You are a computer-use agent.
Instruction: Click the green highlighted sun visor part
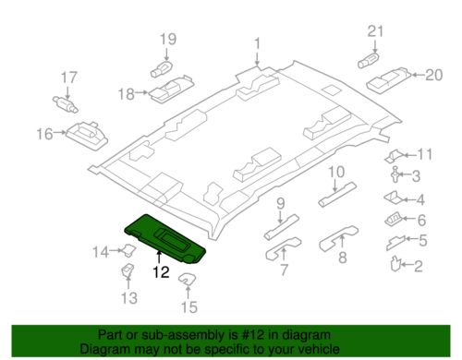click(x=164, y=238)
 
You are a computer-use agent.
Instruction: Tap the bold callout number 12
click(x=161, y=272)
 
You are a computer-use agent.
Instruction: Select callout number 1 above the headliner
click(x=257, y=43)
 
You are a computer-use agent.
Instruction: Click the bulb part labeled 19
click(x=161, y=69)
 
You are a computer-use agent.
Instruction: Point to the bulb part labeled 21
click(x=369, y=61)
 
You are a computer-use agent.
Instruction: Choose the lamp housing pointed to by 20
click(x=389, y=79)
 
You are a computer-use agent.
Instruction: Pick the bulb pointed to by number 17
click(x=66, y=104)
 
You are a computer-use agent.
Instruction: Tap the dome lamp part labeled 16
click(x=87, y=135)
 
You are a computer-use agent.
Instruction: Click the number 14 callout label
click(x=101, y=252)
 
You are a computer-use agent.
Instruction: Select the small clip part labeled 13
click(x=128, y=270)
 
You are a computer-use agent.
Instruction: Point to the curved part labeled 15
click(x=187, y=279)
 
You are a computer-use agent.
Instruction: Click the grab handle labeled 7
click(x=284, y=248)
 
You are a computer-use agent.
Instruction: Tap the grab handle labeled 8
click(x=338, y=238)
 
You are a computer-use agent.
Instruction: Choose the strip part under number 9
click(x=282, y=227)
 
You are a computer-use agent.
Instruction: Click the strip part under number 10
click(x=337, y=195)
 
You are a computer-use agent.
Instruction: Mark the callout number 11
click(x=425, y=154)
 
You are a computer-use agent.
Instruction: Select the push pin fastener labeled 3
click(x=395, y=174)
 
